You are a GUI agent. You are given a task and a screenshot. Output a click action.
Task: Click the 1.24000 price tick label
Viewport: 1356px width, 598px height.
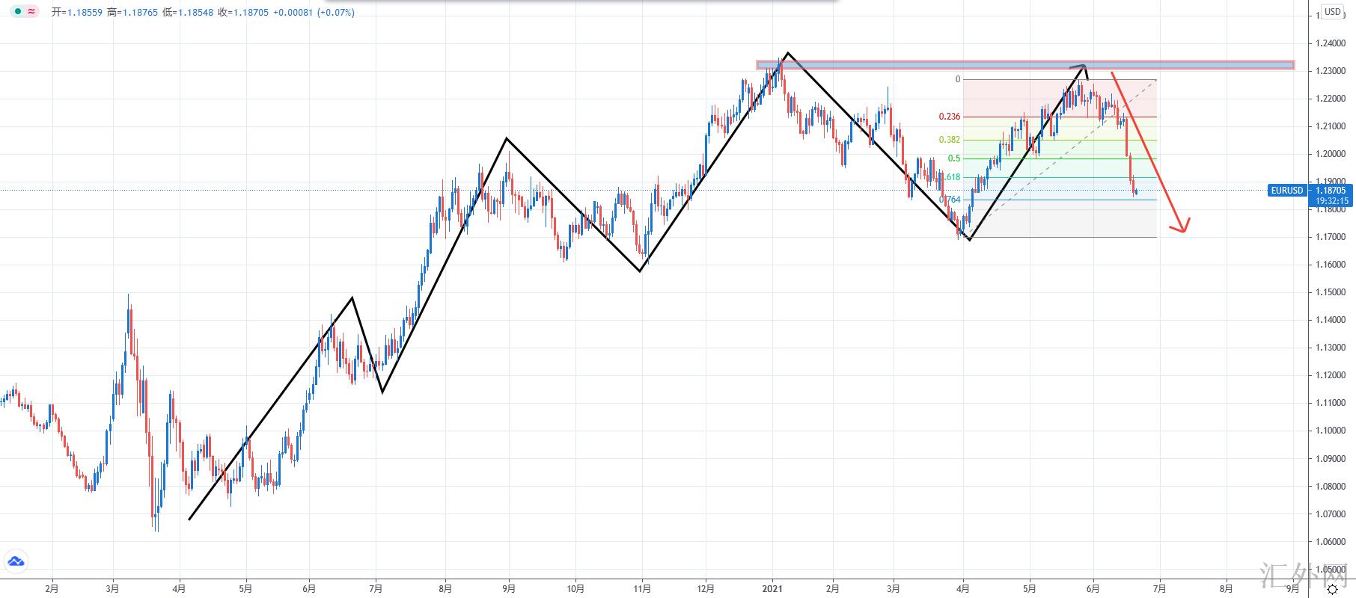click(1330, 43)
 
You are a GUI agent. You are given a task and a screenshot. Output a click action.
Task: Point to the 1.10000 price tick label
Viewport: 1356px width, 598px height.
click(1330, 431)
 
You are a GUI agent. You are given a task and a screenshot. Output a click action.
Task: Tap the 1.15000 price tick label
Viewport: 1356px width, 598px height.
click(1330, 292)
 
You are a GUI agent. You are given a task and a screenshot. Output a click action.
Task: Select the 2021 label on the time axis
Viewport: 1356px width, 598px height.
click(772, 588)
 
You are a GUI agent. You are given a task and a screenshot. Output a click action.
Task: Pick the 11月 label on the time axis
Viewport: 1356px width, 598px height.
click(642, 588)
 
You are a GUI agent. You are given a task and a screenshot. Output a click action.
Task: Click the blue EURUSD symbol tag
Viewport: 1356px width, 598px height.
click(1287, 191)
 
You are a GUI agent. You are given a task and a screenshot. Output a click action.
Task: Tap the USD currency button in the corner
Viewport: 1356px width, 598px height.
click(1332, 12)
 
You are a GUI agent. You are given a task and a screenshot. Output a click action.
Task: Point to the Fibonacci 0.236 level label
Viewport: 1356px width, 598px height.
click(950, 117)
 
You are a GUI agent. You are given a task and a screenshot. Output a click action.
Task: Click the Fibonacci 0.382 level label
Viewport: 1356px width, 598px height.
click(950, 140)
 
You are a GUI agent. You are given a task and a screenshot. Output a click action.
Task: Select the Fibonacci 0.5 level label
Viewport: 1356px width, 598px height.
click(954, 158)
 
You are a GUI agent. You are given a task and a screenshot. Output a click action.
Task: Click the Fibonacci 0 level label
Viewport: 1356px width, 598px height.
click(957, 79)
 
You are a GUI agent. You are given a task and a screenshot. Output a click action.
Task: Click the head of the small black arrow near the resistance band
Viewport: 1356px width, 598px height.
click(1083, 67)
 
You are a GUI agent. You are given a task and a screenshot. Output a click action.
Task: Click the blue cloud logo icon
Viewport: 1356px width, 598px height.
click(16, 561)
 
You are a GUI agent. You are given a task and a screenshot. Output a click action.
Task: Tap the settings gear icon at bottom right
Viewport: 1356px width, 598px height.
click(1332, 590)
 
